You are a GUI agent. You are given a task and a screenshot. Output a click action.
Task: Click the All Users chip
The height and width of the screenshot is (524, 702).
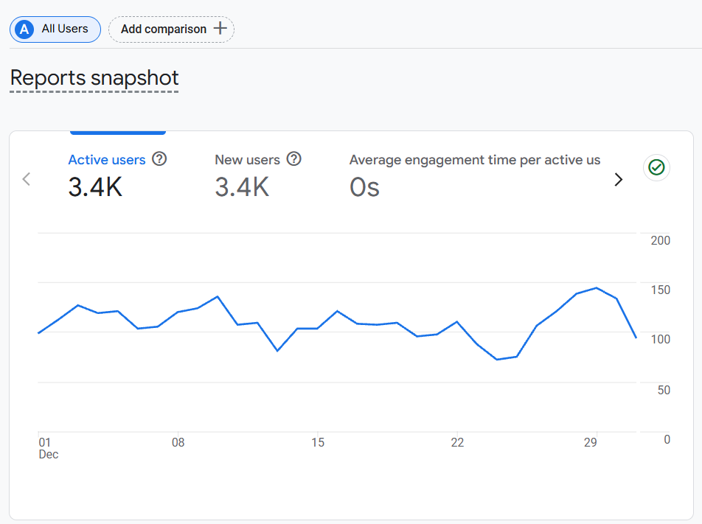tap(55, 29)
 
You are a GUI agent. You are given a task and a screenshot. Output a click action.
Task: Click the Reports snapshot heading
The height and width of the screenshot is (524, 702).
tap(94, 78)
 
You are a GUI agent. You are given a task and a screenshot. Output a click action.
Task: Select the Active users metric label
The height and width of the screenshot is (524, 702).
tap(107, 160)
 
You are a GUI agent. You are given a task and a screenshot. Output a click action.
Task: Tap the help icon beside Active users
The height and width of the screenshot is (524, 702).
tap(159, 159)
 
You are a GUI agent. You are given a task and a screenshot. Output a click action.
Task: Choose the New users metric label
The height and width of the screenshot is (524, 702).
tap(247, 160)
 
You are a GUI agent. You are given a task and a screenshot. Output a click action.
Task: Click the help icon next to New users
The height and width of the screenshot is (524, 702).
tap(294, 159)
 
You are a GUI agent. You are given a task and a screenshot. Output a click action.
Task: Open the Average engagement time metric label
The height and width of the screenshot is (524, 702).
tap(474, 160)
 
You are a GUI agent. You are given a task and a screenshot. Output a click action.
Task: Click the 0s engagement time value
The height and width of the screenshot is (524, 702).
tap(364, 187)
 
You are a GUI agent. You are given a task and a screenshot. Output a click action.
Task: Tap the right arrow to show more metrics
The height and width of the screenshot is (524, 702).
tap(619, 179)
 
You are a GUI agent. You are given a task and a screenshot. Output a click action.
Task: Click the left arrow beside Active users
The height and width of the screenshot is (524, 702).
tap(27, 179)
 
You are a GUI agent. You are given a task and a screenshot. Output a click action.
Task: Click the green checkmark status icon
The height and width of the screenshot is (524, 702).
tap(656, 168)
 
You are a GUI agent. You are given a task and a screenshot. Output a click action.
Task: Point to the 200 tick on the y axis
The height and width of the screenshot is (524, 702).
tap(661, 240)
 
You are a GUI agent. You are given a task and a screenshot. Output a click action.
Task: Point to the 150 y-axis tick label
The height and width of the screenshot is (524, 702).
tap(661, 290)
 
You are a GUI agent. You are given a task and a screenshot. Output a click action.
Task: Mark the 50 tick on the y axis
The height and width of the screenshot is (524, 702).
tap(664, 389)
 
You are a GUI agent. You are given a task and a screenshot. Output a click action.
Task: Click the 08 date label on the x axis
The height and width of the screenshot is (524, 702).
tap(178, 443)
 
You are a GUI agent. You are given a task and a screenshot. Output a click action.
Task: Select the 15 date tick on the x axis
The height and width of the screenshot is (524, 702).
tap(318, 443)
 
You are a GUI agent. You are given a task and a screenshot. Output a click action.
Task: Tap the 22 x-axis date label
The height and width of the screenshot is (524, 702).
tap(458, 443)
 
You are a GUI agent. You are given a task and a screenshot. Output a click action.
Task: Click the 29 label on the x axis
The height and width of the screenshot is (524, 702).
tap(590, 443)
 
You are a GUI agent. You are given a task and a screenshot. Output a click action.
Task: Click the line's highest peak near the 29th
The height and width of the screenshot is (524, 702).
tap(596, 288)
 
